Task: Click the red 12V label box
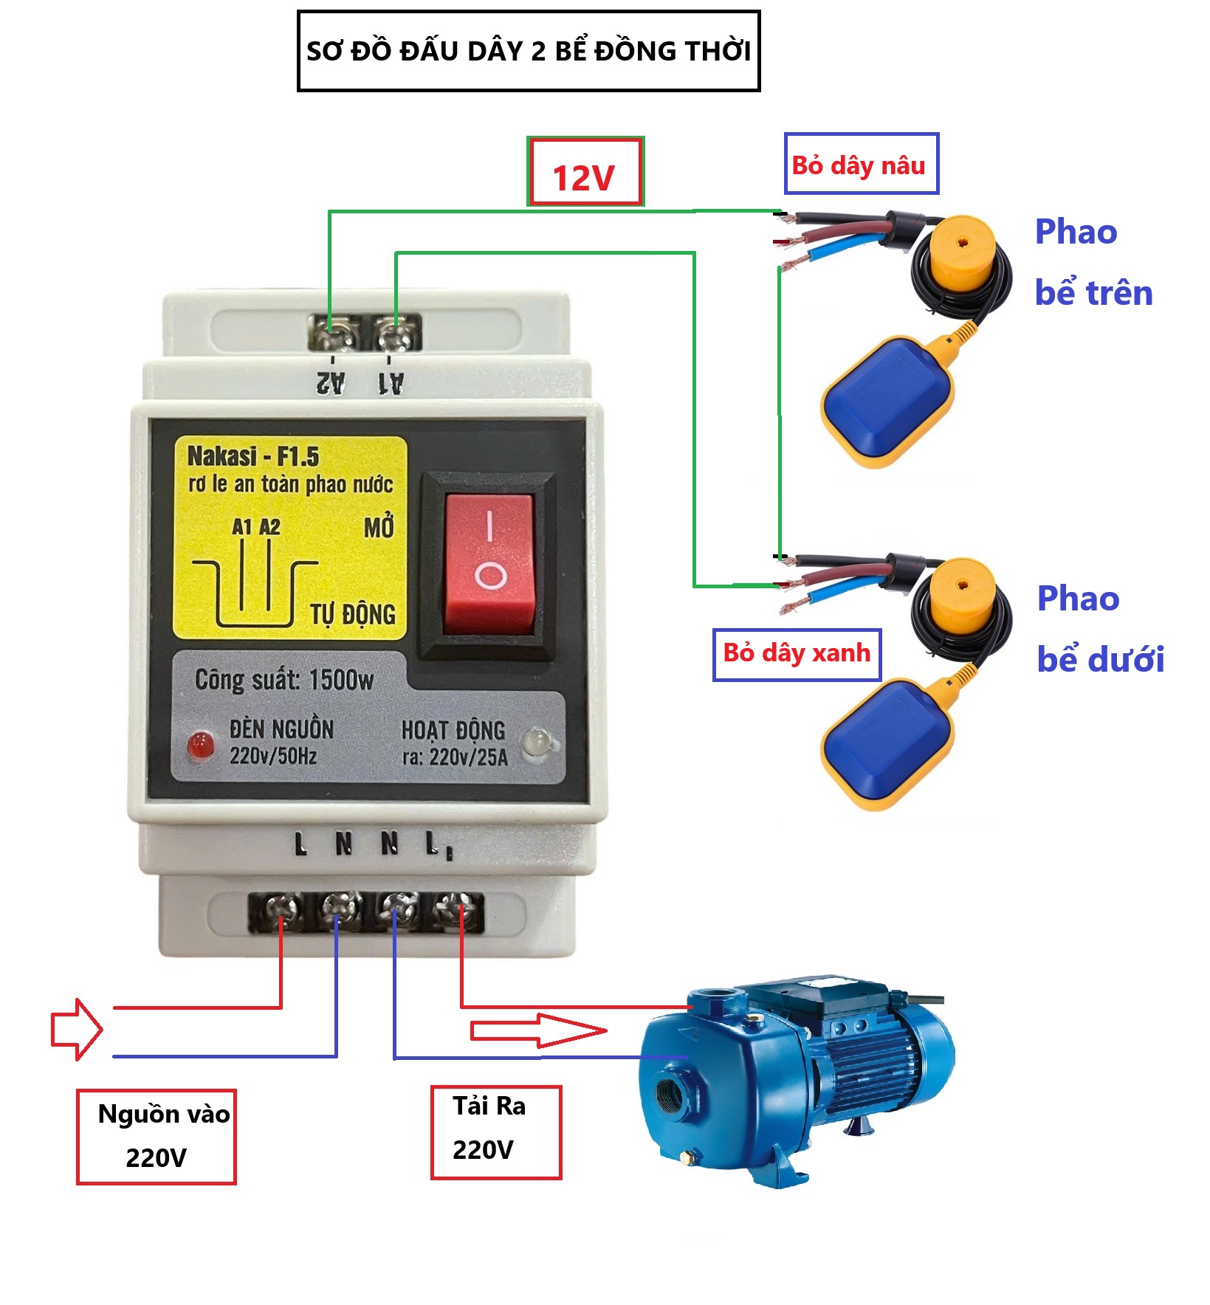585,172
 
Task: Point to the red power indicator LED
200,746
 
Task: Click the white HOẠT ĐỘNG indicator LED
537,742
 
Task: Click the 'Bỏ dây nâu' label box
860,164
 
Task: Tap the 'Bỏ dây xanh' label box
797,654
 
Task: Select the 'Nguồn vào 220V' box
157,1136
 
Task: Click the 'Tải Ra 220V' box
495,1131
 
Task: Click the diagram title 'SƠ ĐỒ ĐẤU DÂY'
529,51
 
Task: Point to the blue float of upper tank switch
886,399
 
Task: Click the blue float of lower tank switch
886,741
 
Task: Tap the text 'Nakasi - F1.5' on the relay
253,456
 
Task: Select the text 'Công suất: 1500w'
284,679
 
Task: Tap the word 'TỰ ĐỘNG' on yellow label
352,613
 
